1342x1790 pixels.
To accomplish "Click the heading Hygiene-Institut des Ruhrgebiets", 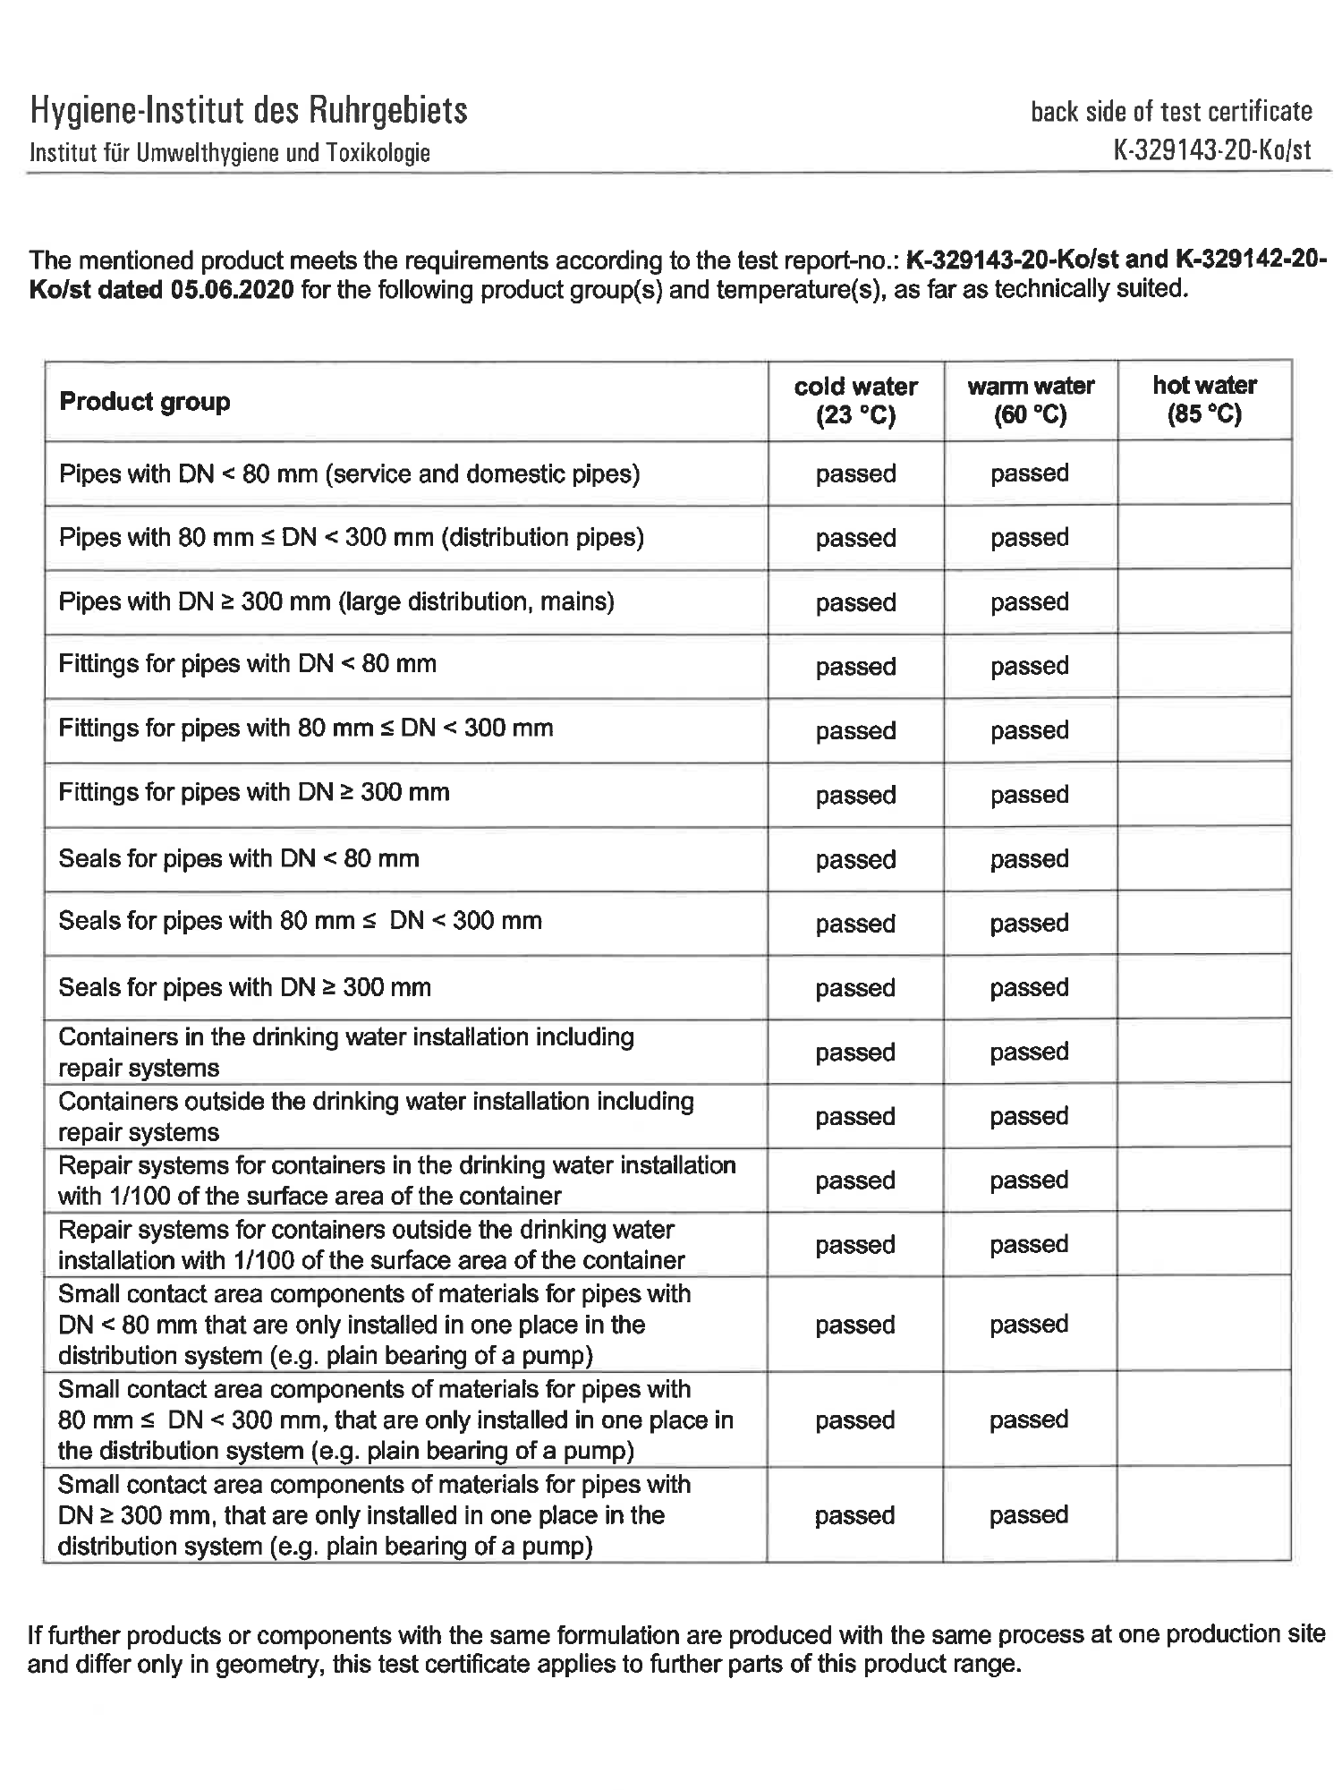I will (249, 112).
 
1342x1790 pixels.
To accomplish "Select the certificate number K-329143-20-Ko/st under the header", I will (1212, 149).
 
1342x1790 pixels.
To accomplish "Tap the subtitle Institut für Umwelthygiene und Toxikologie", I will (230, 153).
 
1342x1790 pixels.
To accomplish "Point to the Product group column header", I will (145, 402).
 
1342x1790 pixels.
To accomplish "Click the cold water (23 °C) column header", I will (855, 400).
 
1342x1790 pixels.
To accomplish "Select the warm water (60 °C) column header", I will (1031, 400).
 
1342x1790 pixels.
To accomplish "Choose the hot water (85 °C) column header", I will (1204, 399).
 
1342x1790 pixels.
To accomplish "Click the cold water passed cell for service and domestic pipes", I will (855, 473).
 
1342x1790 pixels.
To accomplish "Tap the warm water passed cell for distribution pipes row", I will (1030, 538).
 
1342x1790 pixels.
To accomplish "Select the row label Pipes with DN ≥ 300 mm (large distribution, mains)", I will (336, 601).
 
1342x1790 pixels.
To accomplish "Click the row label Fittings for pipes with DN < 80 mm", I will (248, 664).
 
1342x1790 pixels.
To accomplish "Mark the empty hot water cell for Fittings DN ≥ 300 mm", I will (1204, 795).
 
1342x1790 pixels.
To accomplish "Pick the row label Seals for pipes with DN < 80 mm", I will (239, 859).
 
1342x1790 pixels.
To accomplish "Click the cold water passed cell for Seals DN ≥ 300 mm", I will (855, 988).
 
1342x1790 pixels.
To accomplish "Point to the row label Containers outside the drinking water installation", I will (376, 1116).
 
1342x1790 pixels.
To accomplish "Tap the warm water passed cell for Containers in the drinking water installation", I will (1030, 1052).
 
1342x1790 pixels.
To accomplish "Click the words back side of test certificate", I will (1171, 112).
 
